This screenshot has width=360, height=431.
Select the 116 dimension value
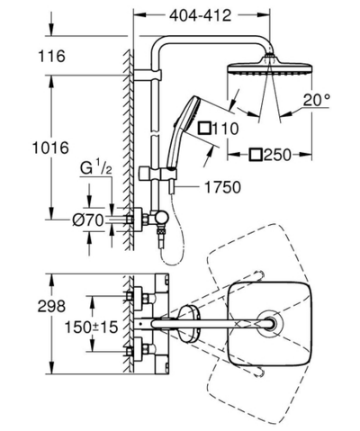(54, 57)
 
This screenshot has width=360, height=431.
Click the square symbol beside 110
(205, 129)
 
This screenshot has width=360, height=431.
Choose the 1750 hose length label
(213, 188)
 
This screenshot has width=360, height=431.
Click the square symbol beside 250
(256, 155)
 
